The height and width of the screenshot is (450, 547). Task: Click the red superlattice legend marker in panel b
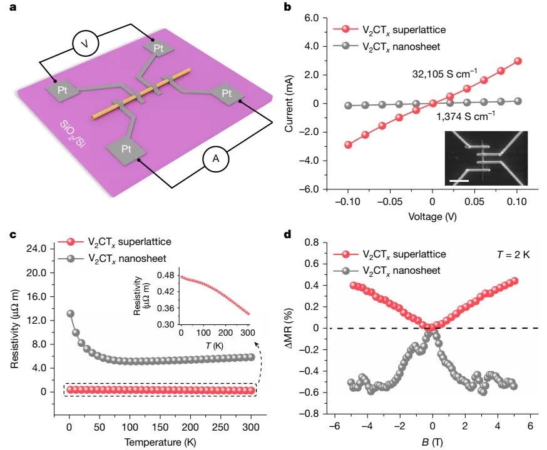click(x=344, y=29)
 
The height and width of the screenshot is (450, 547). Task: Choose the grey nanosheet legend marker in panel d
click(x=345, y=270)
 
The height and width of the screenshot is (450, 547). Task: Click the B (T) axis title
click(x=431, y=442)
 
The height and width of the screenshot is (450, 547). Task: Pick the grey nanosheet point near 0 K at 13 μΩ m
click(x=71, y=314)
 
